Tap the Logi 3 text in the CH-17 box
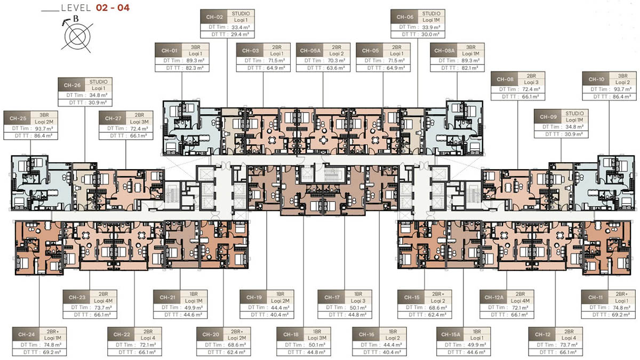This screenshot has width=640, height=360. (x=358, y=300)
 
